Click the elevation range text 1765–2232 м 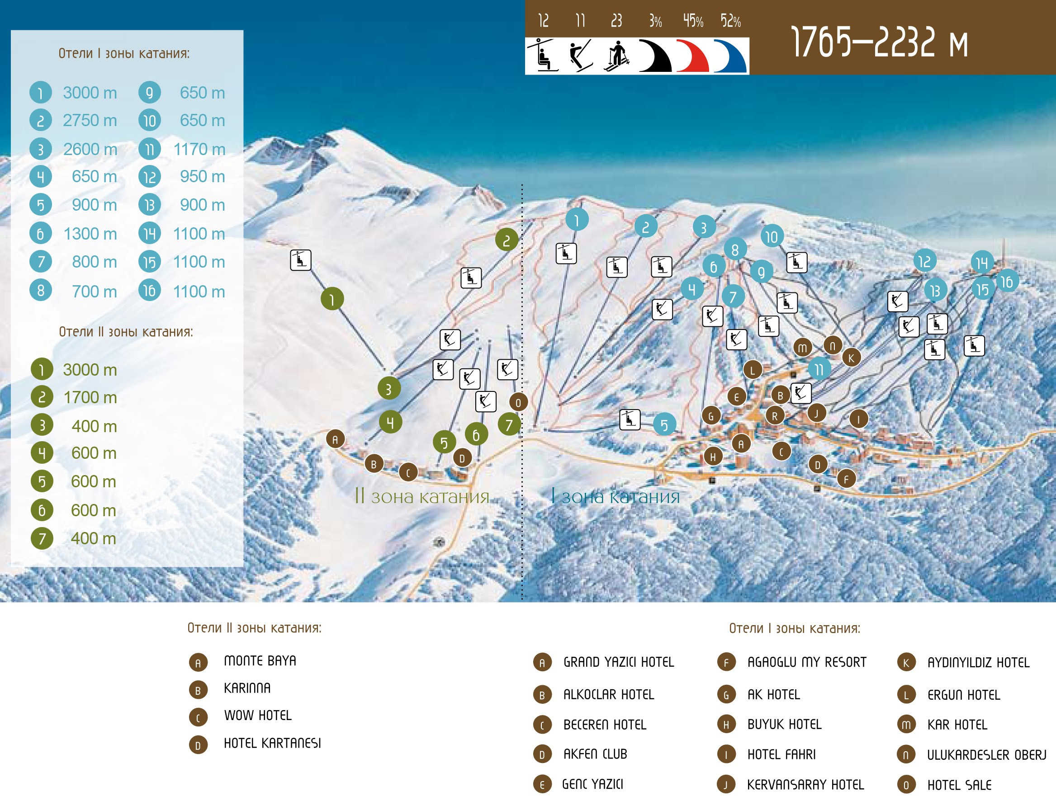[879, 42]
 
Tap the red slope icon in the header [693, 57]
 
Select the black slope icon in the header [655, 57]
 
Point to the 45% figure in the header [693, 21]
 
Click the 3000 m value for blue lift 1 [90, 93]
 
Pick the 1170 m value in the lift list [199, 150]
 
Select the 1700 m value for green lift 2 [90, 397]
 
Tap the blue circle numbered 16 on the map [1006, 282]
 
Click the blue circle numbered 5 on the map [664, 425]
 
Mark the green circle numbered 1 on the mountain [332, 299]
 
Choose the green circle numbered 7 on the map [509, 425]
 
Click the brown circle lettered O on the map [518, 402]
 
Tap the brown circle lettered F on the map [846, 479]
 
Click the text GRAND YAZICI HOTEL [619, 663]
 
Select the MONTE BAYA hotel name [260, 661]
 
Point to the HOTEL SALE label [959, 786]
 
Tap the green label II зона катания [422, 497]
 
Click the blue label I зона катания [616, 497]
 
